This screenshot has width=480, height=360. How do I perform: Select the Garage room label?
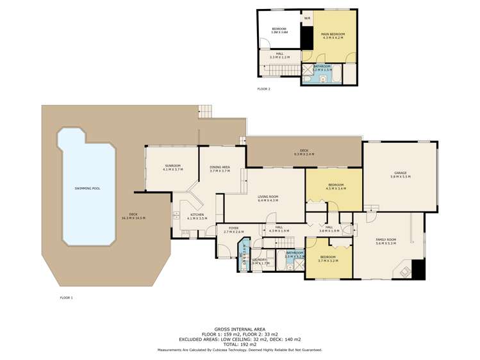(x=401, y=174)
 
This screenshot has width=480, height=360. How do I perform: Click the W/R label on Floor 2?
(x=307, y=18)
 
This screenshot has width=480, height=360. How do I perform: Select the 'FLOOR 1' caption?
(x=67, y=298)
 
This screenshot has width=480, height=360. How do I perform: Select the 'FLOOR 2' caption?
(x=263, y=89)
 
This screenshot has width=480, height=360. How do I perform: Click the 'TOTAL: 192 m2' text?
(x=240, y=344)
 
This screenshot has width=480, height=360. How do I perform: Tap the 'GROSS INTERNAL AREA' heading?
(x=240, y=329)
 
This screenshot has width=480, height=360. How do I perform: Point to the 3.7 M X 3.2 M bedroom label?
(x=329, y=259)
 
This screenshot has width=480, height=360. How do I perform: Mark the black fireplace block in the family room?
(x=418, y=270)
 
